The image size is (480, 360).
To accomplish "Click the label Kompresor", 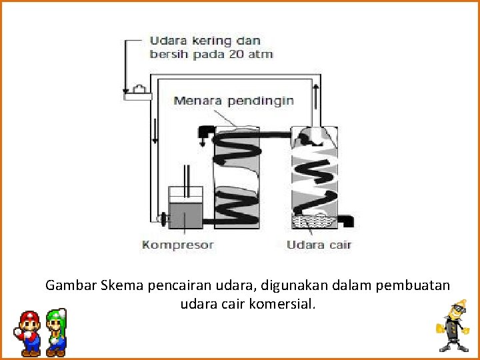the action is (x=177, y=245).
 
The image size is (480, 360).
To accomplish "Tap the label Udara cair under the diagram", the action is (x=318, y=245).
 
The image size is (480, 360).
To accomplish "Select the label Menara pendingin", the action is (x=233, y=101).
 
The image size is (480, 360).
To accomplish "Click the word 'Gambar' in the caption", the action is (x=71, y=285).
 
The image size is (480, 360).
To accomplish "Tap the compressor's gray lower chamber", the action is (x=186, y=213).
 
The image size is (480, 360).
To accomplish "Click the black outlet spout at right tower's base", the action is (x=347, y=219).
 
